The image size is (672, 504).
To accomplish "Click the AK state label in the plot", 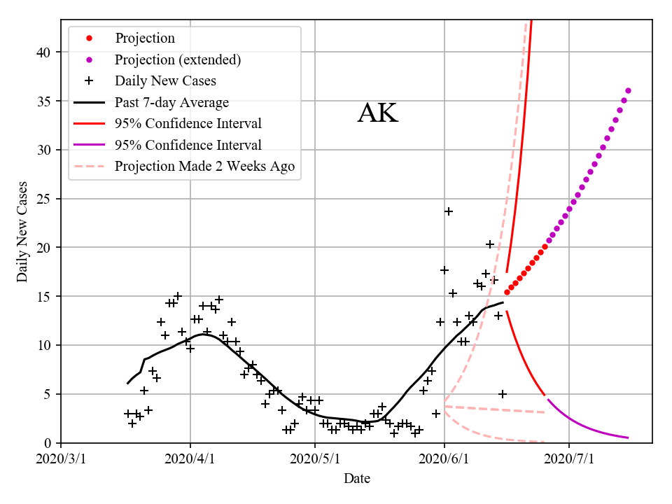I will pyautogui.click(x=377, y=113).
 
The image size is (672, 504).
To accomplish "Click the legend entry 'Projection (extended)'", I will pyautogui.click(x=178, y=59).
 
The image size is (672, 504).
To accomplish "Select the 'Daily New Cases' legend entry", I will pyautogui.click(x=165, y=80).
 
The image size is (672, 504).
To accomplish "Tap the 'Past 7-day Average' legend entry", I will pyautogui.click(x=171, y=102).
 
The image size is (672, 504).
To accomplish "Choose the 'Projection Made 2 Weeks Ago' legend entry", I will pyautogui.click(x=204, y=166).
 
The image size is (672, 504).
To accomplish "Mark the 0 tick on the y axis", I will pyautogui.click(x=50, y=443).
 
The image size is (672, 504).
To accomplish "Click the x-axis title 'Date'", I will pyautogui.click(x=356, y=479).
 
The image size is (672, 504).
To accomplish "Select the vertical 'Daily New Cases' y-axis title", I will pyautogui.click(x=22, y=232).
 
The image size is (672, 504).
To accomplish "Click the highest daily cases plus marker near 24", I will pyautogui.click(x=449, y=211).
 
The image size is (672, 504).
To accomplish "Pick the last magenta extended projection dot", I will pyautogui.click(x=628, y=90).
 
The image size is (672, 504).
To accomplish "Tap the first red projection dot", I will pyautogui.click(x=507, y=293).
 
